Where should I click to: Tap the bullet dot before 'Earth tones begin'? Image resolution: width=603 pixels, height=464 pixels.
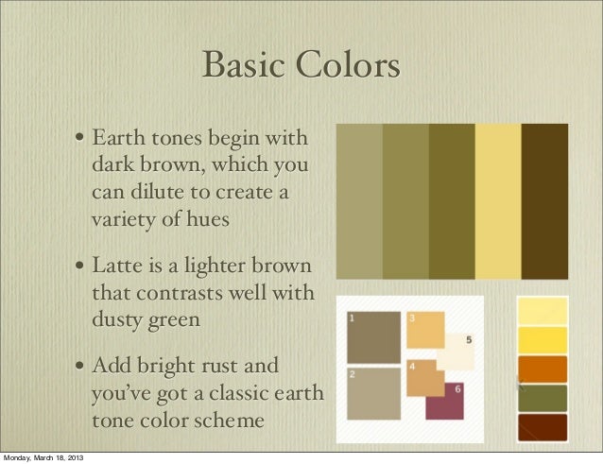[x=83, y=144]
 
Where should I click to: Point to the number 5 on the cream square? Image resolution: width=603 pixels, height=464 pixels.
[x=470, y=339]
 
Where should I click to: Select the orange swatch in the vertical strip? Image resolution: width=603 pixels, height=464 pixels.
[x=542, y=368]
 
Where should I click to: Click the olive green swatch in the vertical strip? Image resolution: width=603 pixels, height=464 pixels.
[x=542, y=397]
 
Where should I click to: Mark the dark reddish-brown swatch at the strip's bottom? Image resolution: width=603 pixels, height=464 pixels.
[x=542, y=426]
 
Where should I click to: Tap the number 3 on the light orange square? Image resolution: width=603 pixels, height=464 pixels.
[x=412, y=318]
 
